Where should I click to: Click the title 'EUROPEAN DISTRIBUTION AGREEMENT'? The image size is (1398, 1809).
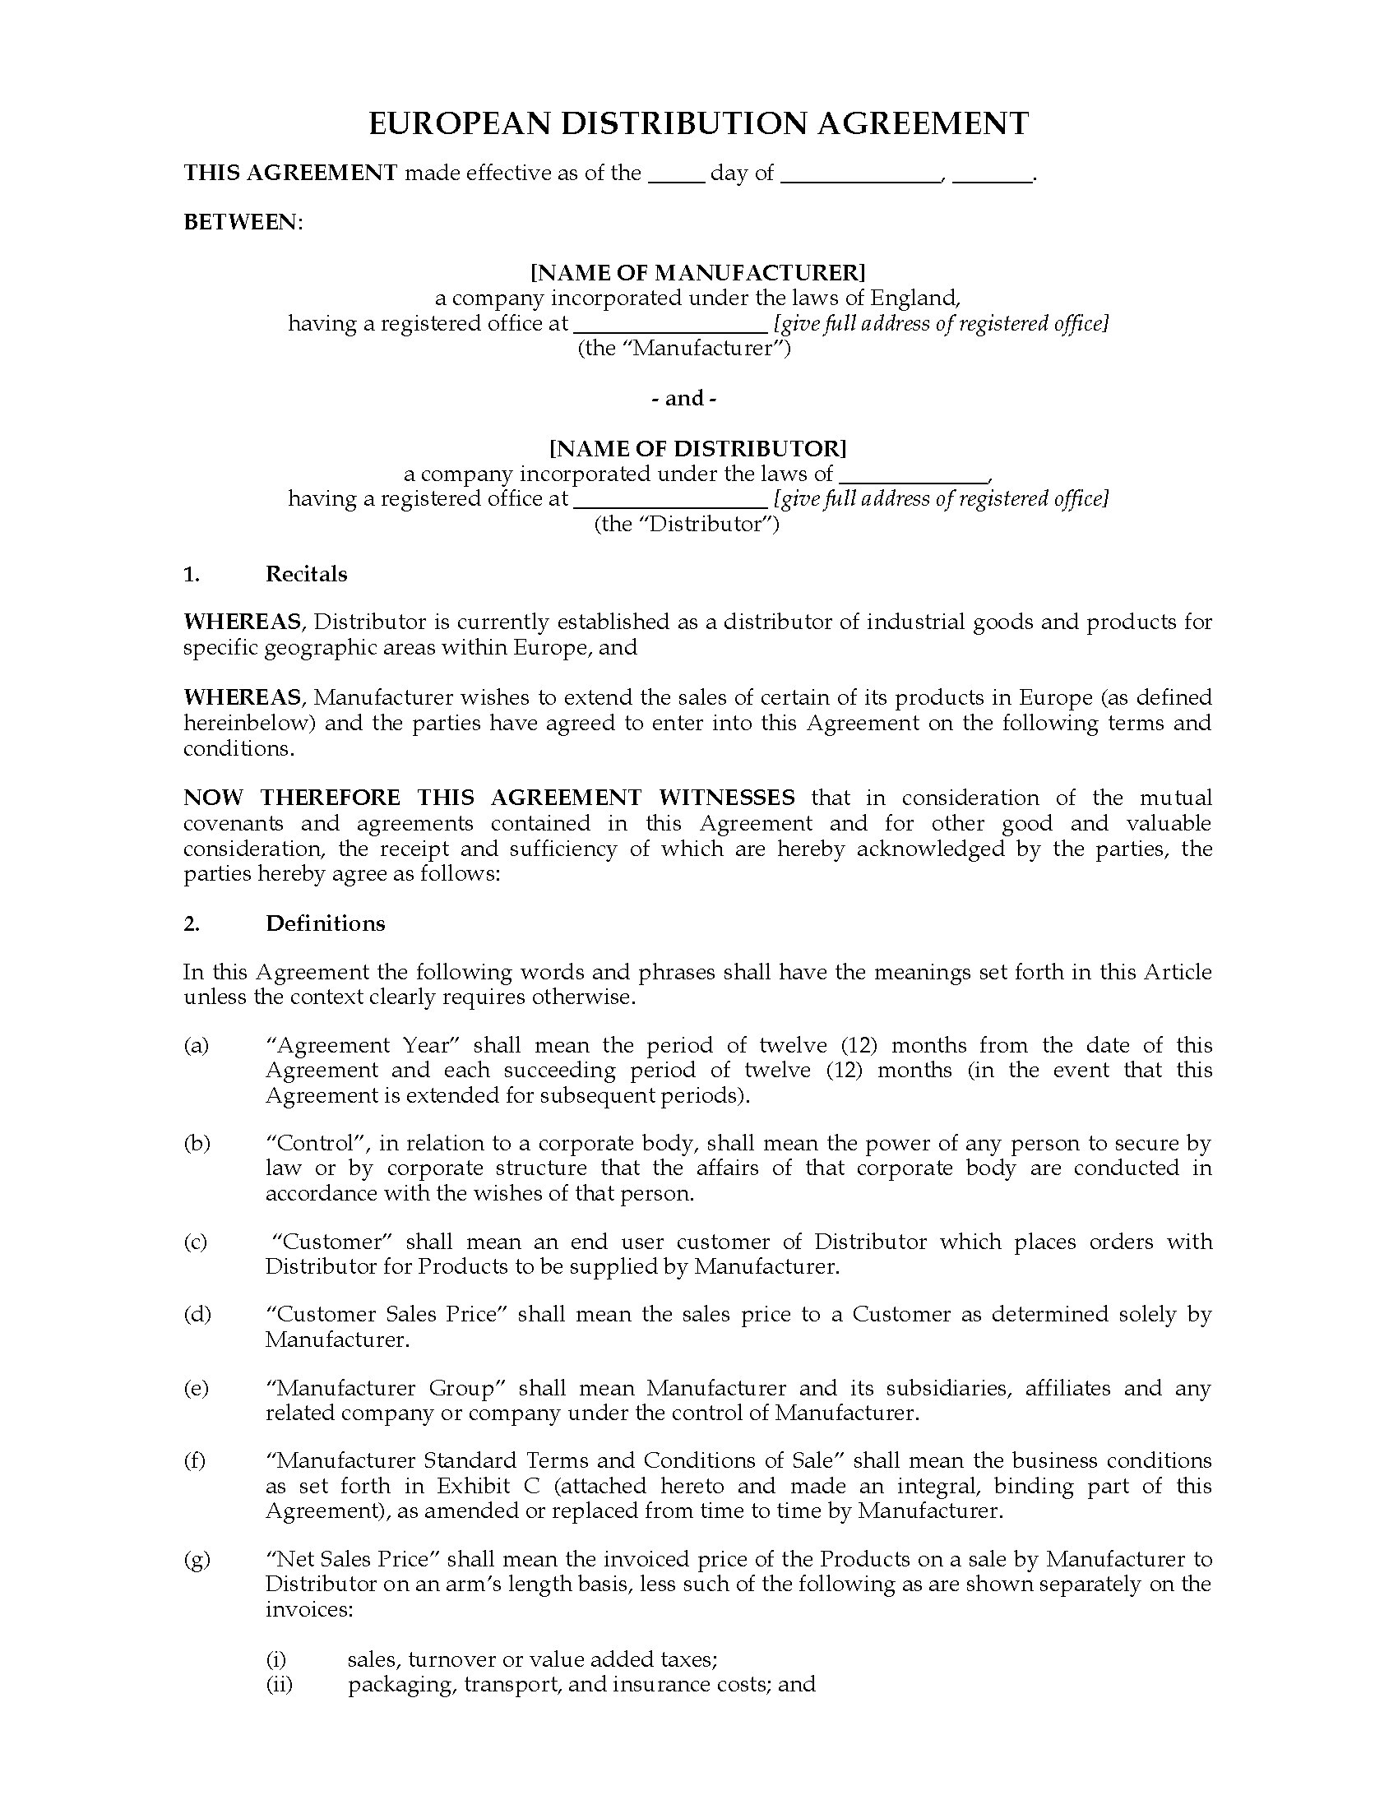(698, 124)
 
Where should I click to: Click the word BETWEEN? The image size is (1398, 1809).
(241, 223)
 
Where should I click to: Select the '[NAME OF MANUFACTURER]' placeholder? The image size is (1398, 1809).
(697, 272)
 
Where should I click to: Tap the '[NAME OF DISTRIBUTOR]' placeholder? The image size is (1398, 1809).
(697, 449)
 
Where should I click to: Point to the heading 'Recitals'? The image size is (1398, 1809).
(306, 575)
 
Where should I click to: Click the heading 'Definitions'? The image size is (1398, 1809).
(325, 924)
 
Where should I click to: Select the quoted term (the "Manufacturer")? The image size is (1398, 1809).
(684, 349)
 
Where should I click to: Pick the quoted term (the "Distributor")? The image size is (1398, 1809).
(687, 525)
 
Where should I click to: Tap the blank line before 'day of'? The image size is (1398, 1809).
(676, 176)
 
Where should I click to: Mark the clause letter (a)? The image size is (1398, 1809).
(197, 1046)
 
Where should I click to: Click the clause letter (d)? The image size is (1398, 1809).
(197, 1315)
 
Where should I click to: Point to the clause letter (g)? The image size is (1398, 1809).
(197, 1560)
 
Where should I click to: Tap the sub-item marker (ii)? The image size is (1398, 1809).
(279, 1685)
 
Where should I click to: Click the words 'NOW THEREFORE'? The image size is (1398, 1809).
(293, 798)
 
